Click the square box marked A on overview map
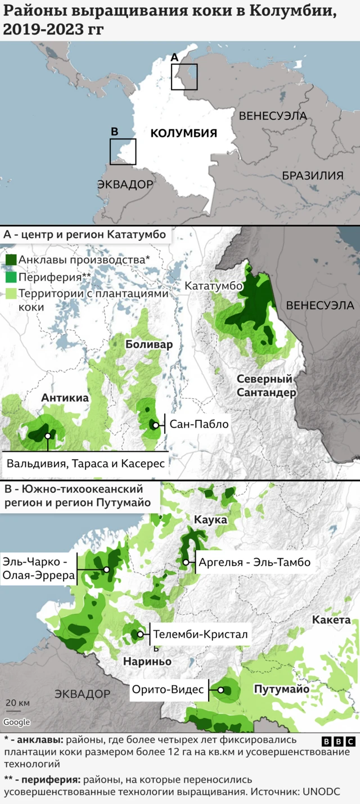(184, 77)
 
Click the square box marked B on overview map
(123, 151)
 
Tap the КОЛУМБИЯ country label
(183, 133)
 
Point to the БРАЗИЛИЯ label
(312, 176)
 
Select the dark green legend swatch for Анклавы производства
(11, 260)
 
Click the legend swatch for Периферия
(11, 277)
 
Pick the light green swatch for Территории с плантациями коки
(11, 294)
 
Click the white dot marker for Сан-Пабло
(156, 425)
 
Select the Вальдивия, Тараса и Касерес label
(85, 464)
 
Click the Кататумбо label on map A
(213, 286)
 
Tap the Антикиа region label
(65, 398)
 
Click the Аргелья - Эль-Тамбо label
(254, 562)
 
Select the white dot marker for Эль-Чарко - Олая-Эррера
(106, 569)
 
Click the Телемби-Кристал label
(200, 634)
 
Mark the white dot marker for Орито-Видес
(221, 690)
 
